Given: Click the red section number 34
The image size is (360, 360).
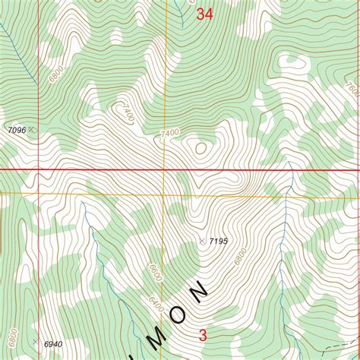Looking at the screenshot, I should pos(204,14).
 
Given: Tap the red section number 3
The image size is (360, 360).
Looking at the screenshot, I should pos(203,334).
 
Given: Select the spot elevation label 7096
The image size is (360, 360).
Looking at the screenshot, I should pos(16,131).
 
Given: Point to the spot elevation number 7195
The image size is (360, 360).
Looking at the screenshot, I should pos(218,242).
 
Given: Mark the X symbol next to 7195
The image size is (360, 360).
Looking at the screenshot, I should pos(202,242).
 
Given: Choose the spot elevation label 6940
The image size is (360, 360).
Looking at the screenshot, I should pos(52,344).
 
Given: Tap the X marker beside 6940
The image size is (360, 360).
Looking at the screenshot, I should pos(36,343).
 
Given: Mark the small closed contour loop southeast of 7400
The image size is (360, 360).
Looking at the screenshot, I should pos(201,147).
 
